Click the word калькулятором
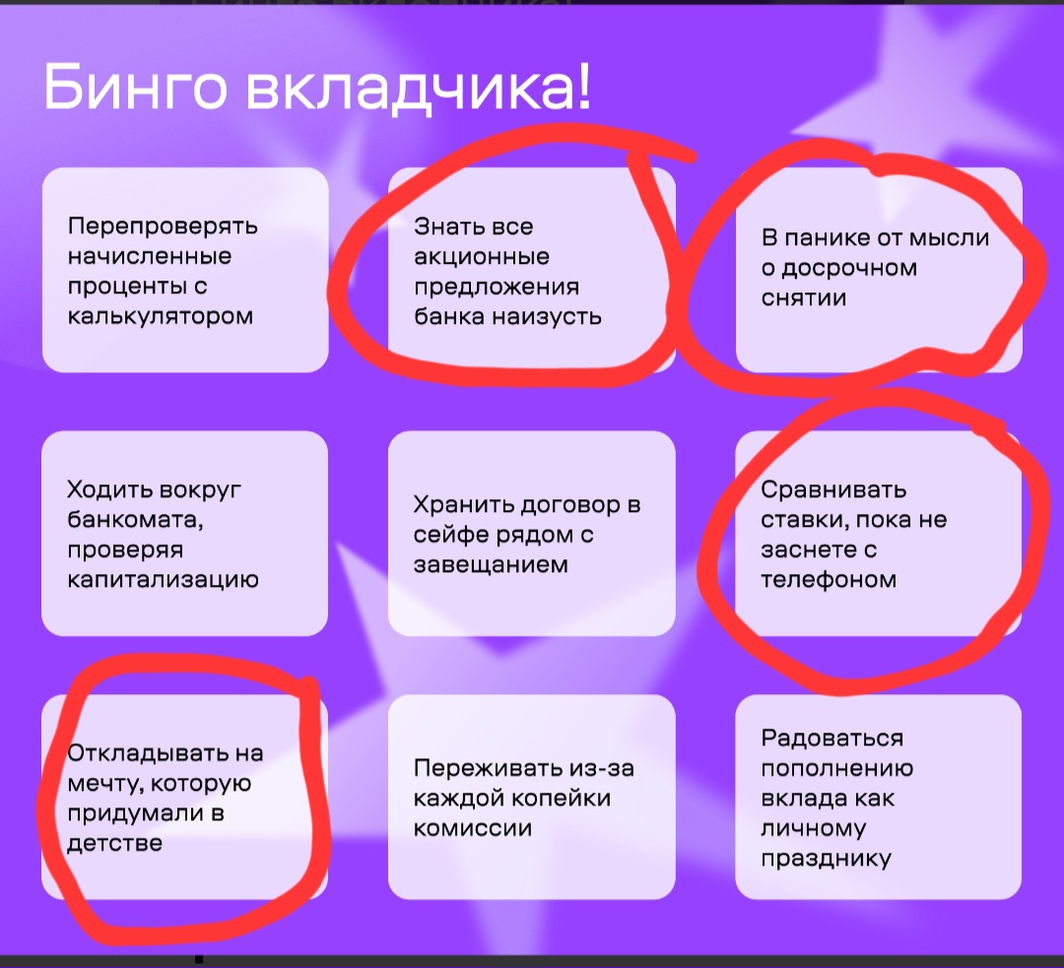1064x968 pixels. (x=161, y=317)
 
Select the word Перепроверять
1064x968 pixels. (x=163, y=226)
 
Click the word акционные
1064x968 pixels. (x=482, y=256)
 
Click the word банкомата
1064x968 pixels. (x=134, y=520)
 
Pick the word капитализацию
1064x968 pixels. (x=163, y=580)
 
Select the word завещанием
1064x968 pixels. (x=491, y=565)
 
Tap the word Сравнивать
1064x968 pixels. (x=833, y=489)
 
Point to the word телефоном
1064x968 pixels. (x=829, y=580)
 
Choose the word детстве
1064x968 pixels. (x=114, y=843)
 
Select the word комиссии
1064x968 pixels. (x=473, y=828)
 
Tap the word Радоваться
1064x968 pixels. (x=831, y=738)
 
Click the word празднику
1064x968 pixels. (x=826, y=859)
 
